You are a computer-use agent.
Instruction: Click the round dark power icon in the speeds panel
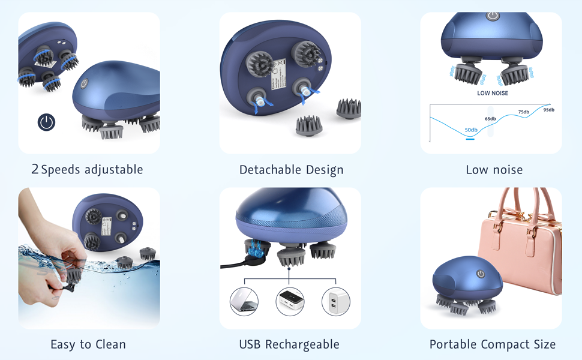46,122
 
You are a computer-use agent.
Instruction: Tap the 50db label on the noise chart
471,130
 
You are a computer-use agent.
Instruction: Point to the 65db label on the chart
490,119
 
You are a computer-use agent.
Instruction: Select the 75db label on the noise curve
524,112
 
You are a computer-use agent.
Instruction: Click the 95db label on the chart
548,110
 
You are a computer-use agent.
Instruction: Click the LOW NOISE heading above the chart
493,94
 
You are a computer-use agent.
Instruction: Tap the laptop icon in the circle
244,302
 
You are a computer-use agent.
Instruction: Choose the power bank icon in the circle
290,302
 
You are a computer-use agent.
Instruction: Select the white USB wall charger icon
335,302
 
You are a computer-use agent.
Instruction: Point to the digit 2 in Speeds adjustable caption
35,169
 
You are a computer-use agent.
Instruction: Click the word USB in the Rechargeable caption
250,344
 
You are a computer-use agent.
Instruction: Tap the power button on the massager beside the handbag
480,274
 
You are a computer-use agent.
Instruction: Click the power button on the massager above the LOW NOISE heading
493,16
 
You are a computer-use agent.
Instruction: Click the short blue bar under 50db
470,139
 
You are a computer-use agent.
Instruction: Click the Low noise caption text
494,170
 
